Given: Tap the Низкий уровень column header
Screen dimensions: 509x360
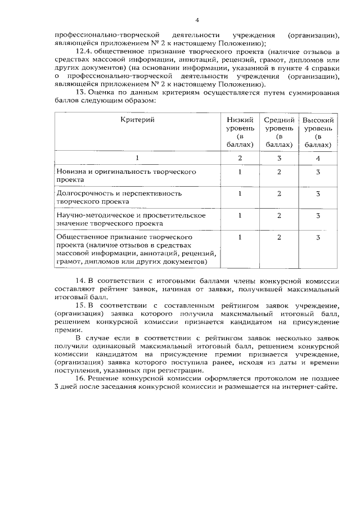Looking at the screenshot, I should click(240, 132).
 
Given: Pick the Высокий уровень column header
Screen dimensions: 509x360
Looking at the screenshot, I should click(318, 132).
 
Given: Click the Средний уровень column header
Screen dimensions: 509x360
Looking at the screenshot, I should click(279, 132).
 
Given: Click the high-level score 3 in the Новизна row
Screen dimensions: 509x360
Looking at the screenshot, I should click(318, 172).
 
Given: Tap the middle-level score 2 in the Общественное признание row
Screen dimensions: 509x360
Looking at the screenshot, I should click(279, 237).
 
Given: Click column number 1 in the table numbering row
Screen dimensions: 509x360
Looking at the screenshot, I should click(137, 159).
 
